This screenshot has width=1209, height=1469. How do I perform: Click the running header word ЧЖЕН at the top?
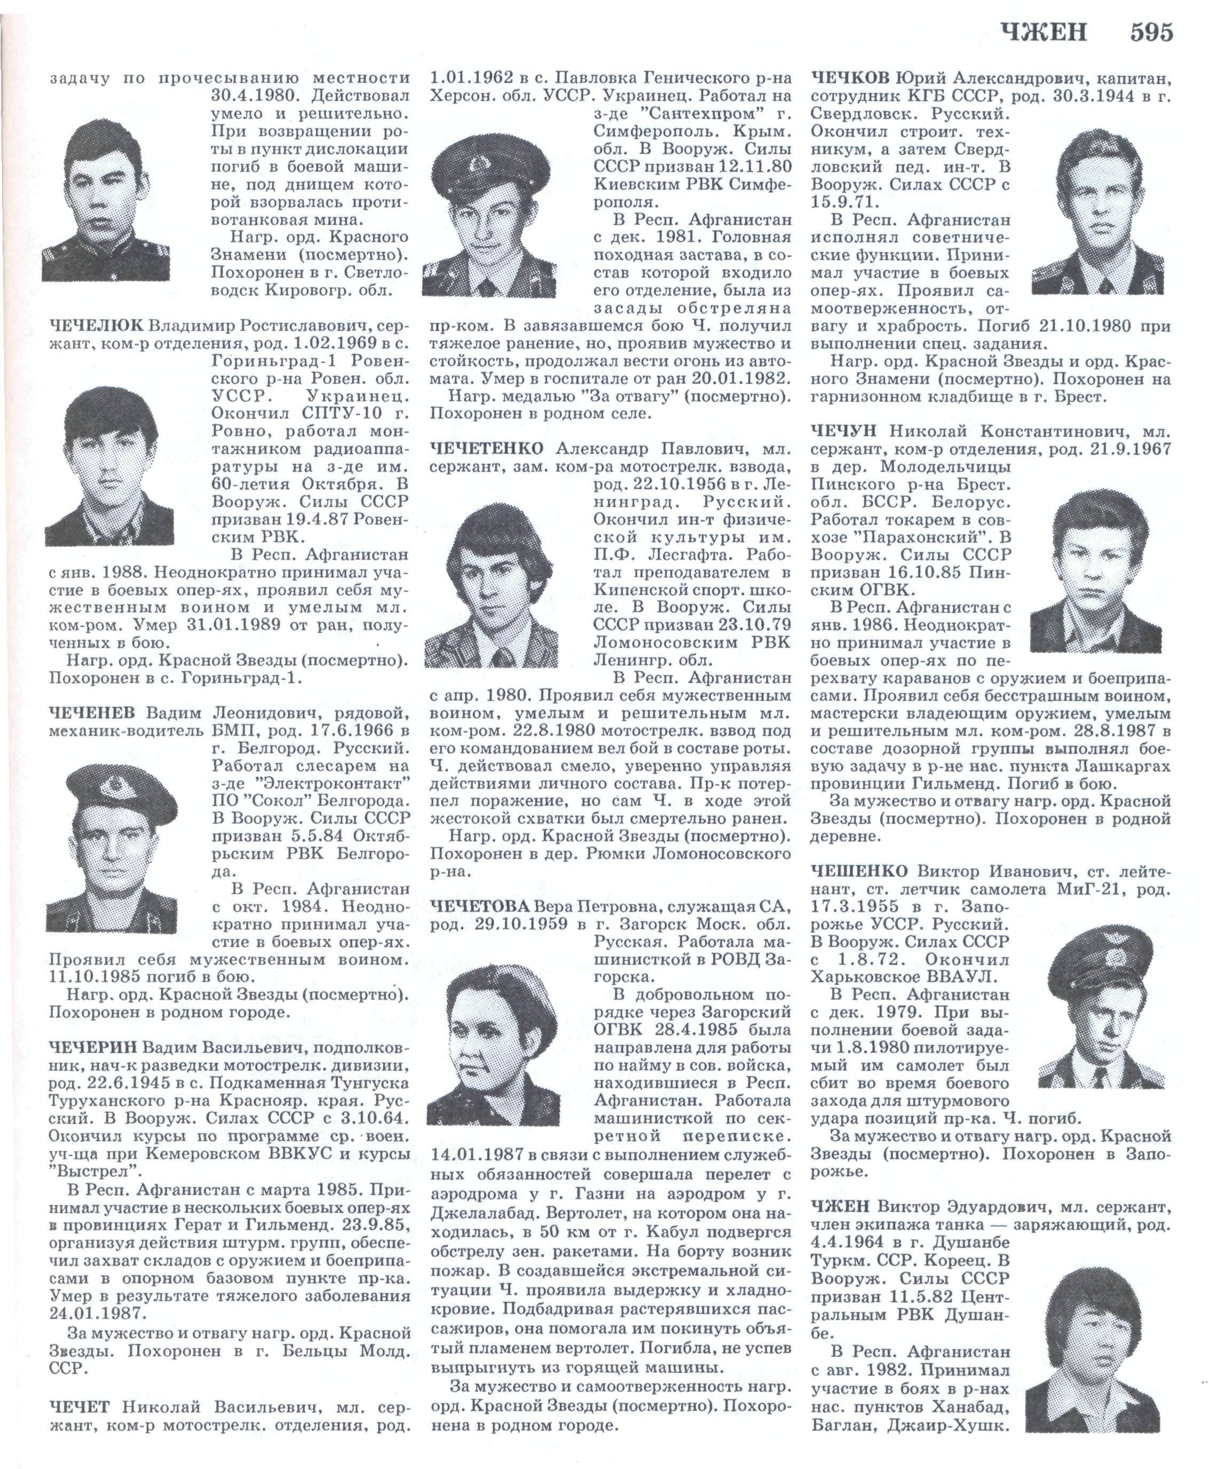1042,32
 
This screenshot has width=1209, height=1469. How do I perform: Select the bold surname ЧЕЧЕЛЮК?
96,326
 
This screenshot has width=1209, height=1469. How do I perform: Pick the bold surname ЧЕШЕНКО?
859,871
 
